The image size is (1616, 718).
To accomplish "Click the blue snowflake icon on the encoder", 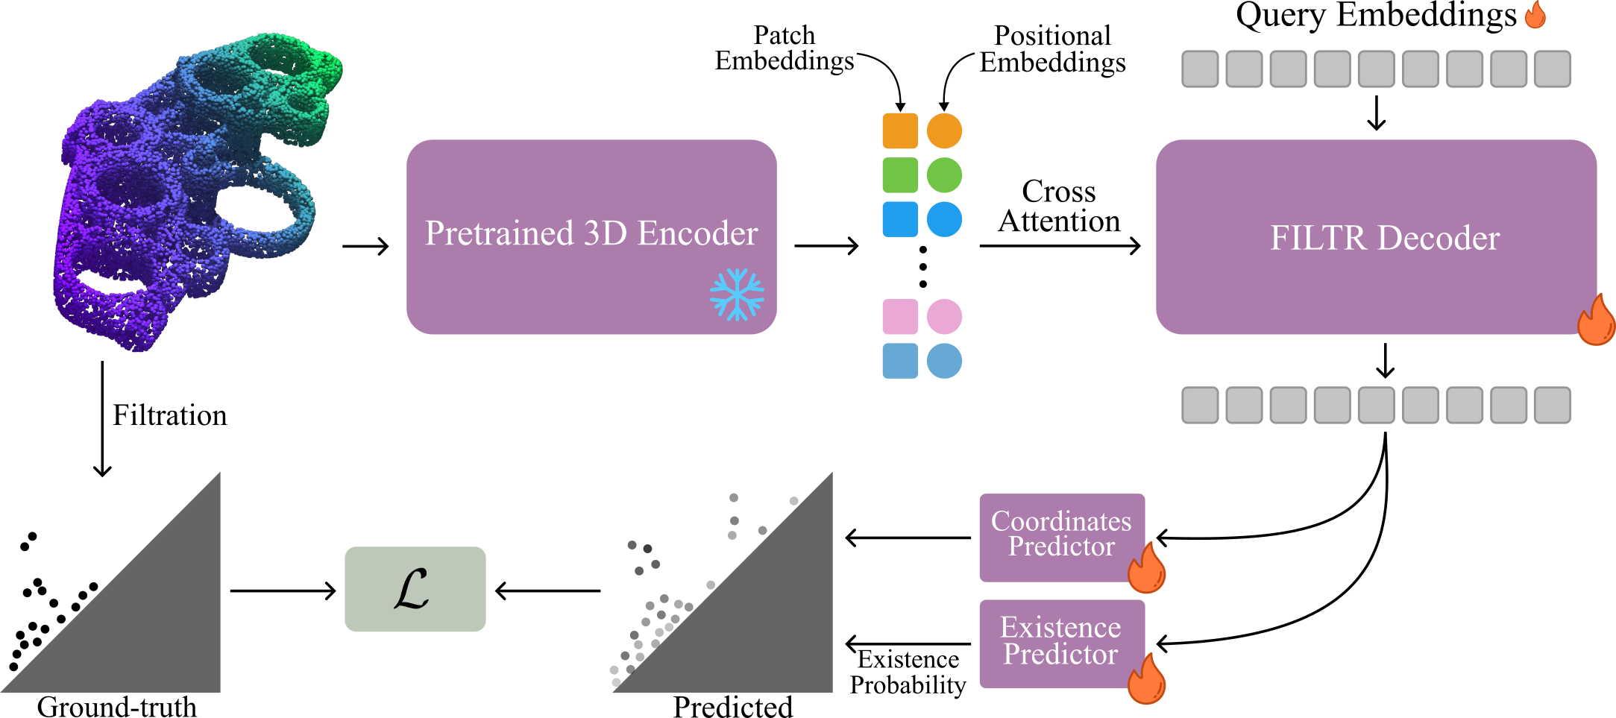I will coord(737,295).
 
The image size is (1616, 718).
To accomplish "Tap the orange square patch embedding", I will coord(900,131).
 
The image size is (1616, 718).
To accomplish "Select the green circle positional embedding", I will coord(944,176).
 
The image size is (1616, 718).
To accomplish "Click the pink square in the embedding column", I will coord(900,317).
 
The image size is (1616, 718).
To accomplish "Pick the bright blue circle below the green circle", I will coord(944,219).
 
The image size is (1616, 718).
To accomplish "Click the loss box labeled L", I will coord(415,589).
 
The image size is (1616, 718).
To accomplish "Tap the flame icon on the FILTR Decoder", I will coord(1596,320).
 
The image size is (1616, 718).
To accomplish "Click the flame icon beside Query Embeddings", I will coord(1535,15).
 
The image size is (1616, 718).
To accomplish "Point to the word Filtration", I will coord(169,415).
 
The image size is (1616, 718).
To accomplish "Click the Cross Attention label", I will coord(1059,207).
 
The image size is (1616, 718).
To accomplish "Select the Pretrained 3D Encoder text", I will coord(591,233).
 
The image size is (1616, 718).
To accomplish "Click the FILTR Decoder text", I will coord(1385,239).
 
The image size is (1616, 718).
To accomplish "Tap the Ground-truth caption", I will coord(117,706).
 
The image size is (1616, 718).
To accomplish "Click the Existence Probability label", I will coord(908,672).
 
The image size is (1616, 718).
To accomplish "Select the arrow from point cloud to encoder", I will coord(365,246).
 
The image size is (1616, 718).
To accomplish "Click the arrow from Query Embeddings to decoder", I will coord(1377,113).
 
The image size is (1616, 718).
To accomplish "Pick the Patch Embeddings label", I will coord(785,48).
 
